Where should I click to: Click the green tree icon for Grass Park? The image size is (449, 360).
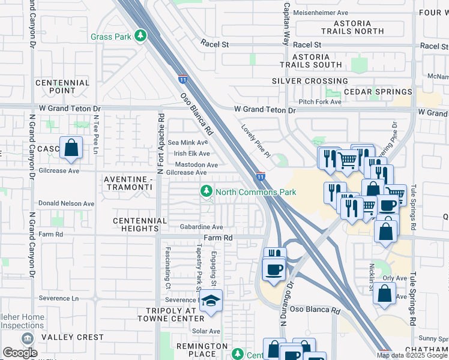pyautogui.click(x=140, y=37)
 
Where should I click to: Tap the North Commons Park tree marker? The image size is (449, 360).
pyautogui.click(x=206, y=192)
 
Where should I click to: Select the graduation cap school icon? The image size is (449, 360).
pyautogui.click(x=211, y=302)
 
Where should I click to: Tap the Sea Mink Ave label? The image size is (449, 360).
pyautogui.click(x=187, y=142)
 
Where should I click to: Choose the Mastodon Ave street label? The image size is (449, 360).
pyautogui.click(x=196, y=164)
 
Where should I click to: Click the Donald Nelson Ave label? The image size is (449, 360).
pyautogui.click(x=66, y=203)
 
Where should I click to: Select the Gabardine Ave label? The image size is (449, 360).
pyautogui.click(x=201, y=227)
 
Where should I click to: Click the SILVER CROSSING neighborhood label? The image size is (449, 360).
pyautogui.click(x=309, y=81)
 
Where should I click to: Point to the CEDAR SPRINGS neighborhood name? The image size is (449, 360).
pyautogui.click(x=378, y=92)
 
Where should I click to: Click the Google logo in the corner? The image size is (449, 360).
pyautogui.click(x=20, y=353)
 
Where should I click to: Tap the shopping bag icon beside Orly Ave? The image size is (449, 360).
pyautogui.click(x=385, y=294)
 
